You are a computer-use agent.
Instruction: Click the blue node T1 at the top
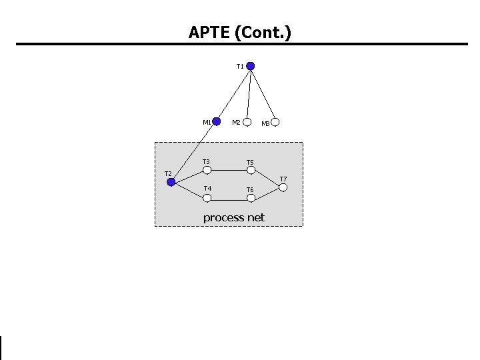(x=251, y=66)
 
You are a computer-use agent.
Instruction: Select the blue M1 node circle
(x=216, y=122)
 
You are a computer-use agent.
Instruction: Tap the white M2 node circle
(x=247, y=122)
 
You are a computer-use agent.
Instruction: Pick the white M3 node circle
(x=275, y=122)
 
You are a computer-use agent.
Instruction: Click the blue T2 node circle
(x=171, y=181)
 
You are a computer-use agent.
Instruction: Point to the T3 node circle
(x=207, y=170)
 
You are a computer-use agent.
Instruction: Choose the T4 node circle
(x=207, y=197)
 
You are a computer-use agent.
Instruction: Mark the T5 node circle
(x=251, y=170)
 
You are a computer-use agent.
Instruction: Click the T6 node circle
(x=251, y=197)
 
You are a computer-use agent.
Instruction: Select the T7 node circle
(x=283, y=187)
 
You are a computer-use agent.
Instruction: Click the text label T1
(x=240, y=67)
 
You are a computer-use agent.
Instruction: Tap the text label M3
(x=265, y=123)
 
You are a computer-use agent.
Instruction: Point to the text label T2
(x=169, y=174)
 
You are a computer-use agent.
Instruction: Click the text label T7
(x=283, y=179)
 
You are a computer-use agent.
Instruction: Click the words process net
(x=233, y=217)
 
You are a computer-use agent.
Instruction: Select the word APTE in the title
(x=208, y=31)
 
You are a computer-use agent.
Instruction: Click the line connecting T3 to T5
(x=229, y=170)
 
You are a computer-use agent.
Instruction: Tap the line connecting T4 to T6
(x=229, y=197)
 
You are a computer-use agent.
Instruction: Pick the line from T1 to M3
(x=263, y=94)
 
